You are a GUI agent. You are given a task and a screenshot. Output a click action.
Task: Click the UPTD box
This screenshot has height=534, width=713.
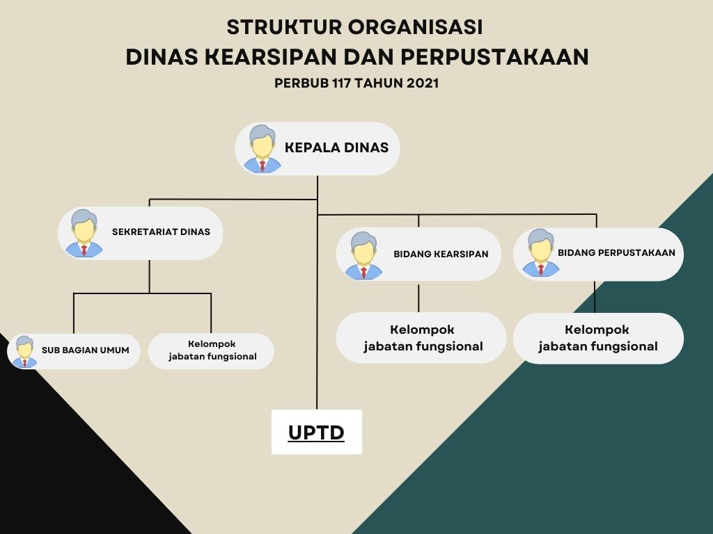point(317,432)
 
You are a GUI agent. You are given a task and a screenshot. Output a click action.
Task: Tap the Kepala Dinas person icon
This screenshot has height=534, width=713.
point(263,149)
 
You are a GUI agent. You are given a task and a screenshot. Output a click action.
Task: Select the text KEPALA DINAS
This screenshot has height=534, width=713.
point(336,147)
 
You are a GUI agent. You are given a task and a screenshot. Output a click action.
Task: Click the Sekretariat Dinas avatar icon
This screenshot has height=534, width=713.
point(84,234)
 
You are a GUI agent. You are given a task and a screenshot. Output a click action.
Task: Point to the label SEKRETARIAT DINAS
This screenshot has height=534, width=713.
point(161,232)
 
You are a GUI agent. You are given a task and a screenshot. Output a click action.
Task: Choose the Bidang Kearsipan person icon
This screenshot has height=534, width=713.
point(363,255)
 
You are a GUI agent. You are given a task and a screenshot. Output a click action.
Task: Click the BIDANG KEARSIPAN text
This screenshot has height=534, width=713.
point(441,254)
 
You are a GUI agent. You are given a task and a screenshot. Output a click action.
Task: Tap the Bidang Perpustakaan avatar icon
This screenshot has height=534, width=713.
point(540,252)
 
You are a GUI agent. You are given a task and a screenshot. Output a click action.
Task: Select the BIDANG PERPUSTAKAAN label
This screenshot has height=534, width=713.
point(617,252)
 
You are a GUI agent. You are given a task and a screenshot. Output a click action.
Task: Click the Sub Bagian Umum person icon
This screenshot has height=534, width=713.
point(24,351)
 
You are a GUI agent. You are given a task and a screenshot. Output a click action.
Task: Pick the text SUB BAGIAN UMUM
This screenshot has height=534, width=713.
point(86,350)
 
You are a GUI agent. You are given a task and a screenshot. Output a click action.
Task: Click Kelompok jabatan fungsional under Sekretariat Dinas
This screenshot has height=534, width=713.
point(212,350)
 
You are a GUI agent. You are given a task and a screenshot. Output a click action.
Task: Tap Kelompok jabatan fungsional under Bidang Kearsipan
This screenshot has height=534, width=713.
point(423,338)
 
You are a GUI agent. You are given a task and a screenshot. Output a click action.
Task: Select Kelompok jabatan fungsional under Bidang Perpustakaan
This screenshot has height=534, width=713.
point(598,338)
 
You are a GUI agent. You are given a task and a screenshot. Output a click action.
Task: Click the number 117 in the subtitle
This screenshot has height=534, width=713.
point(341,83)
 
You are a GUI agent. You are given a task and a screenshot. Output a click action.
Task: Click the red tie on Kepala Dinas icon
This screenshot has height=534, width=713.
point(263,165)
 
